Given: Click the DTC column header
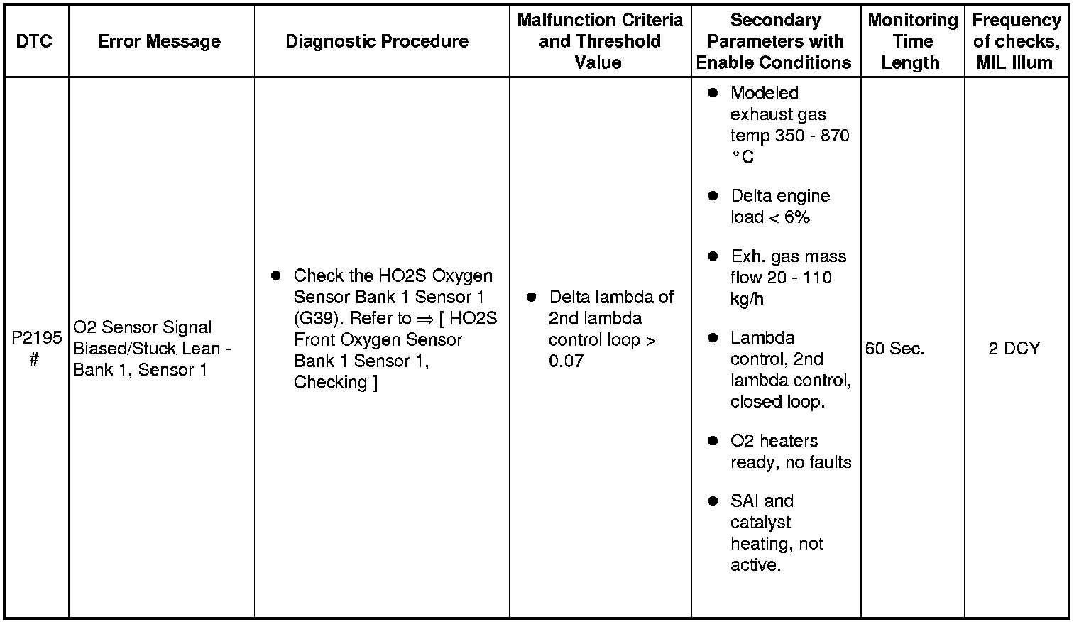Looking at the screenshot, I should coord(34,41).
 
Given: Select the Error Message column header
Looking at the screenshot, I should coord(159,41).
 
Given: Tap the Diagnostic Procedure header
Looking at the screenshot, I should coord(377,41).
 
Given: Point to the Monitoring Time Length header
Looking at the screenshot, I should coord(912,41).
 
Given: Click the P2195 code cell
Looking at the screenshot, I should coord(36,337).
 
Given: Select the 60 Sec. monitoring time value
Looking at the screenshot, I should coord(895,349).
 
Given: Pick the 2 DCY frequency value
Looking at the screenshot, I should coord(1014,349).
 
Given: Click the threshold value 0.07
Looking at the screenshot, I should coord(566,361).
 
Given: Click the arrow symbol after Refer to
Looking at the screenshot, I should coord(425,319).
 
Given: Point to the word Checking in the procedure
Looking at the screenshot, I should coord(330,382).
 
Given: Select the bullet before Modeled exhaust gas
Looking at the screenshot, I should coord(713,93).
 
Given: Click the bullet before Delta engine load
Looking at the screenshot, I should coord(713,196).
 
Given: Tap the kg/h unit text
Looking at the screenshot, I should coord(747,299).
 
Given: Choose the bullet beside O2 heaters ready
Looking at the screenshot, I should coord(713,441).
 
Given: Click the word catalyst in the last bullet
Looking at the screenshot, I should coord(760,523).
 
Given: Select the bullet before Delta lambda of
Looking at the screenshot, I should coord(531,297).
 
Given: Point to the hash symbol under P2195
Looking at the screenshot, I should coord(33,360).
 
